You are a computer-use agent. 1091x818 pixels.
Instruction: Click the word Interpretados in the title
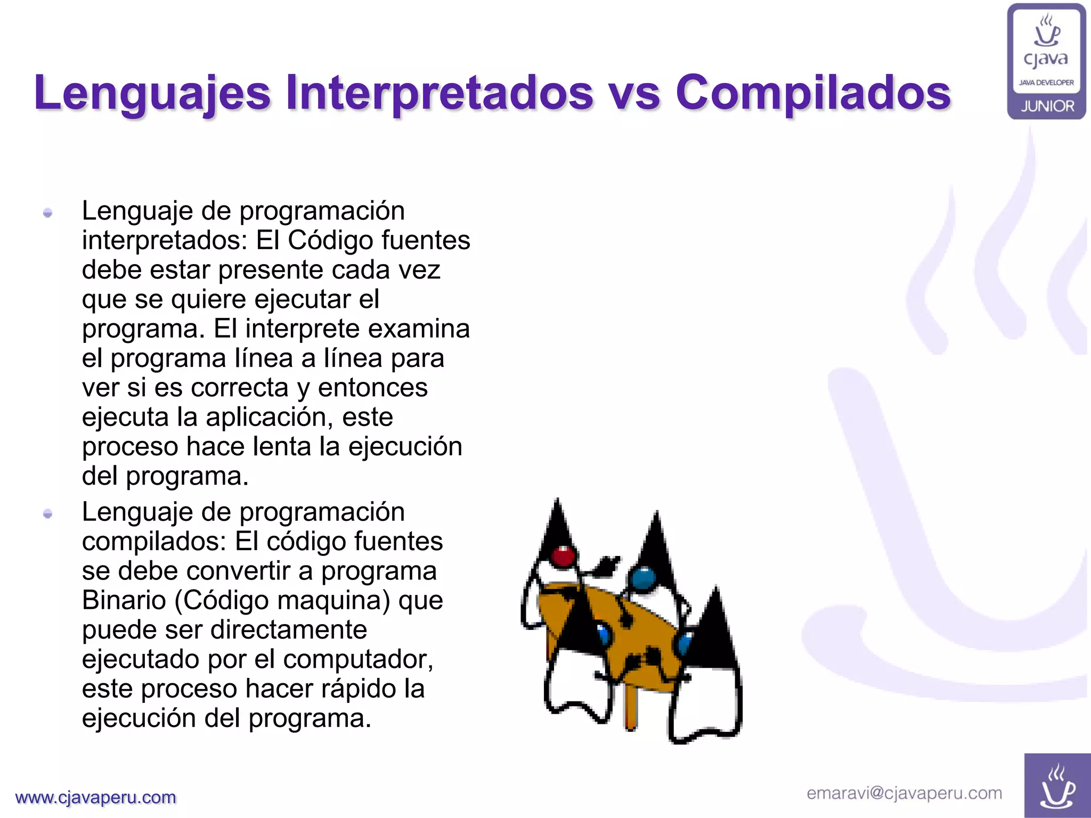[x=439, y=94]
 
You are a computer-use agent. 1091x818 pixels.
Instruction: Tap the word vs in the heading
[x=634, y=95]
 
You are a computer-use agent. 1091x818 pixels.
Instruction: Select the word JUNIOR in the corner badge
[x=1047, y=107]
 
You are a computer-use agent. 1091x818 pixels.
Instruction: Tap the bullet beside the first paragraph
[x=48, y=213]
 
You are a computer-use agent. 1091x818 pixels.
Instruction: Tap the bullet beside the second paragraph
[x=48, y=514]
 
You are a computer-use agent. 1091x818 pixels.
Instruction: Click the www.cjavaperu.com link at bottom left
[x=96, y=797]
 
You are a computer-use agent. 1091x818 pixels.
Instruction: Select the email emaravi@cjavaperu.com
[x=904, y=793]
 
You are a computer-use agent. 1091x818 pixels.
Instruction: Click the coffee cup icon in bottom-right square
[x=1057, y=786]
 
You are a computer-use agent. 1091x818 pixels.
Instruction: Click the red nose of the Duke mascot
[x=563, y=557]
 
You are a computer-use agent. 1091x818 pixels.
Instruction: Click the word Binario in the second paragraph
[x=124, y=601]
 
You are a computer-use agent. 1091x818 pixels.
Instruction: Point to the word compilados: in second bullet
[x=154, y=542]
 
